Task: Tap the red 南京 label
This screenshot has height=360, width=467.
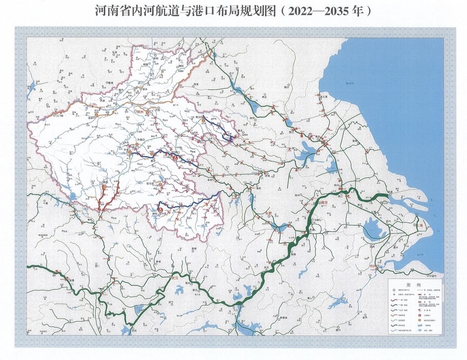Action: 324,203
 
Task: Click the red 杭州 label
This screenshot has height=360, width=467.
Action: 374,266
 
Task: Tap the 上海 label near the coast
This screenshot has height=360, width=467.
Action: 420,226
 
